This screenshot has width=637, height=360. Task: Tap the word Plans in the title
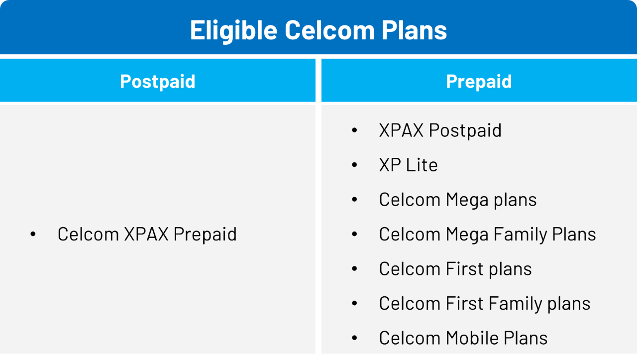point(414,29)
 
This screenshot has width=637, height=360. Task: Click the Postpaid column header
point(158,82)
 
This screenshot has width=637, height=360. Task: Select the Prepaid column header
point(479,82)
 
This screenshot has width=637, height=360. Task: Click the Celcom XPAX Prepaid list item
point(147,235)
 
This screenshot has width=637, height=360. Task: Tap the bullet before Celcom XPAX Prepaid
point(33,234)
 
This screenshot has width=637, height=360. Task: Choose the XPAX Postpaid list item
point(440,130)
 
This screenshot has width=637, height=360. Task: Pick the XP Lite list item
point(409,165)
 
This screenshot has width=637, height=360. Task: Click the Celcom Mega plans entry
point(458,200)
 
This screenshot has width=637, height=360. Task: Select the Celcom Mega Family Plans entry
point(487,235)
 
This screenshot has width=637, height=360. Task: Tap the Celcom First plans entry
point(455,269)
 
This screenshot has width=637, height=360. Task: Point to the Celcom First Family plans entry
point(485,304)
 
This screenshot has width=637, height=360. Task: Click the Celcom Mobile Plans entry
point(463,338)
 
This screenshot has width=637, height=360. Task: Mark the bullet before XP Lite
point(354,165)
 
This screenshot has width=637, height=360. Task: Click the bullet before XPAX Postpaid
point(354,130)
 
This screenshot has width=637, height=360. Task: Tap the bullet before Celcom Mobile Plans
point(354,338)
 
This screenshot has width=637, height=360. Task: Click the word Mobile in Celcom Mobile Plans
point(472,338)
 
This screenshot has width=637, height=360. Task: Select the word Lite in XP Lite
point(422,165)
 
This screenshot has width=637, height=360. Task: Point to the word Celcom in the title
point(329,30)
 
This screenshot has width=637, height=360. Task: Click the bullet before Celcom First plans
point(354,269)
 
